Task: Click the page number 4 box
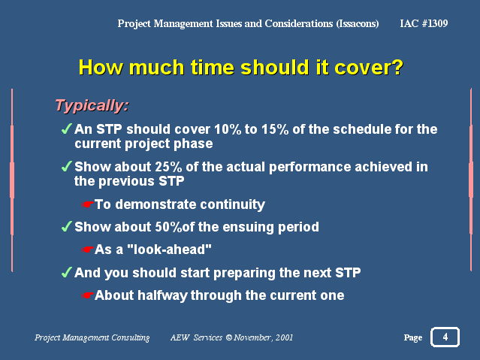[445, 337]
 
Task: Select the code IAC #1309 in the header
[424, 23]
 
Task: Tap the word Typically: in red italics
[92, 106]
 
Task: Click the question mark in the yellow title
[397, 67]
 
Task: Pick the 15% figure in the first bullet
[275, 129]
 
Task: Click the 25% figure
[168, 167]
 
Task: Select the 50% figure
[168, 227]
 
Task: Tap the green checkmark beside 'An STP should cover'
[66, 129]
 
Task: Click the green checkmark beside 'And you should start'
[66, 272]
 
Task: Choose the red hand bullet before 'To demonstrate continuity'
[88, 204]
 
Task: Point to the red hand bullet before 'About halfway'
[88, 295]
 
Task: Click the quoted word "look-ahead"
[169, 250]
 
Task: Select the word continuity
[232, 204]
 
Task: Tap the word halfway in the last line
[162, 295]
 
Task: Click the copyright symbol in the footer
[228, 337]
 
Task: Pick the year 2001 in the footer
[284, 337]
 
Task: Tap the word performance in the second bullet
[310, 168]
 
